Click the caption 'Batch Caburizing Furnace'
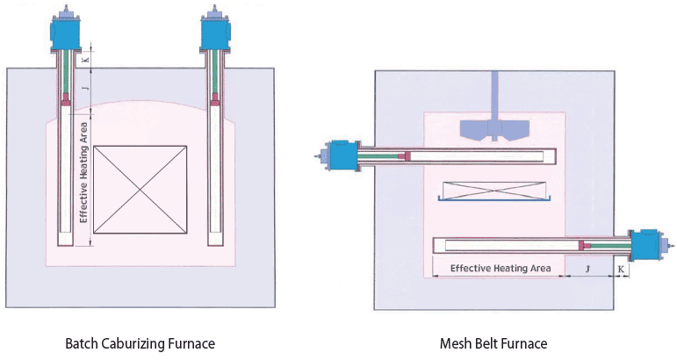pyautogui.click(x=140, y=343)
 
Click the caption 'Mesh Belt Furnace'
pyautogui.click(x=493, y=343)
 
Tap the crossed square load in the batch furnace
pyautogui.click(x=140, y=190)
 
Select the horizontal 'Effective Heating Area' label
pyautogui.click(x=501, y=268)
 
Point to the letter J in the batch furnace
pyautogui.click(x=85, y=88)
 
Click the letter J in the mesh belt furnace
pyautogui.click(x=587, y=268)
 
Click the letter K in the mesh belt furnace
pyautogui.click(x=622, y=268)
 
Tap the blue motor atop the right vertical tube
pyautogui.click(x=214, y=32)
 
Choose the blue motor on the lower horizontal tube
pyautogui.click(x=648, y=244)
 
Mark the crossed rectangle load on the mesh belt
pyautogui.click(x=493, y=190)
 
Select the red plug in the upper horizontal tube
pyautogui.click(x=404, y=156)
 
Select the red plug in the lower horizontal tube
pyautogui.click(x=583, y=244)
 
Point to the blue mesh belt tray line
pyautogui.click(x=493, y=201)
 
